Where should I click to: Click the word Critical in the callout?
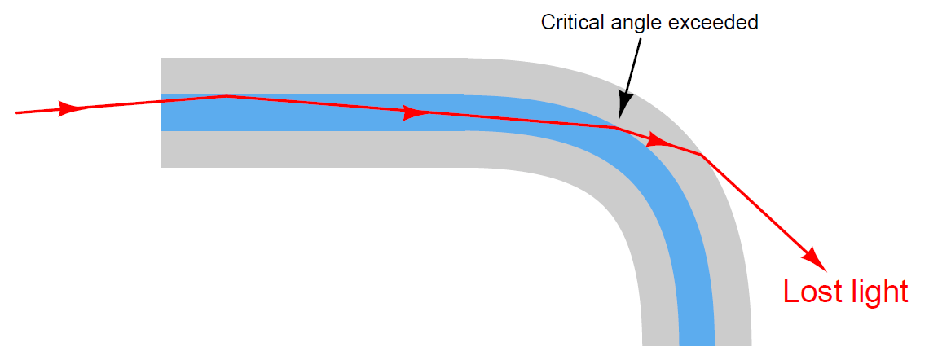click(569, 23)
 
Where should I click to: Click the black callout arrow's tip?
click(619, 119)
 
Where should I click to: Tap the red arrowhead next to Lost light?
click(815, 259)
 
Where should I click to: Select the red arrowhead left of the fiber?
click(69, 108)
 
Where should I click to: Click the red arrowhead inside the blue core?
click(414, 112)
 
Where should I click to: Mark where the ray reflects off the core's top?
click(226, 95)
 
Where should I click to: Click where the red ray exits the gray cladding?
click(701, 155)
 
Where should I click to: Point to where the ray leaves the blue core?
click(614, 127)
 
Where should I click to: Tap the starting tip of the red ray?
click(16, 112)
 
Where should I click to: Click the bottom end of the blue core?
click(697, 345)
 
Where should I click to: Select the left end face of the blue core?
click(161, 112)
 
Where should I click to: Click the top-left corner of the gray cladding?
click(161, 58)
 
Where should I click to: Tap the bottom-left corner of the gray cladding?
click(161, 168)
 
